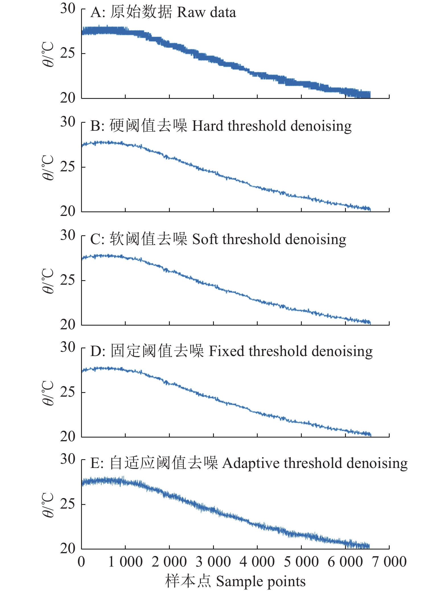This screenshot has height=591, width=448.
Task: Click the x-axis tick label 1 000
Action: pyautogui.click(x=125, y=562)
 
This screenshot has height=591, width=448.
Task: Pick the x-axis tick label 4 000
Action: pyautogui.click(x=257, y=562)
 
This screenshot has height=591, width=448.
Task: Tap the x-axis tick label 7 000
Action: pyautogui.click(x=389, y=562)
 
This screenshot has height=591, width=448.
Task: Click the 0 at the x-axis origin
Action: pyautogui.click(x=81, y=562)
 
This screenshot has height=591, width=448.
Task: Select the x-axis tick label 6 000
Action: pyautogui.click(x=345, y=562)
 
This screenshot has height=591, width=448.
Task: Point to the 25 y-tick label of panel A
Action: pyautogui.click(x=68, y=53)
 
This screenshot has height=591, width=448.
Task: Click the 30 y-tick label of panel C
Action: pyautogui.click(x=68, y=235)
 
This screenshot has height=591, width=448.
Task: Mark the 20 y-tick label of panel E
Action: pyautogui.click(x=68, y=548)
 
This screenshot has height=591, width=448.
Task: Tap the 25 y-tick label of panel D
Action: pyautogui.click(x=68, y=392)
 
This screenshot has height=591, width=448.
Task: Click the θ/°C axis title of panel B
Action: pyautogui.click(x=48, y=168)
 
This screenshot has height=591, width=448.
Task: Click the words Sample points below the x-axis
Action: pyautogui.click(x=261, y=581)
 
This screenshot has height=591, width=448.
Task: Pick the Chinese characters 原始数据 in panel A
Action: pyautogui.click(x=141, y=13)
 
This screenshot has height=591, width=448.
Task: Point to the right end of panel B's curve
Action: pyautogui.click(x=370, y=209)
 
